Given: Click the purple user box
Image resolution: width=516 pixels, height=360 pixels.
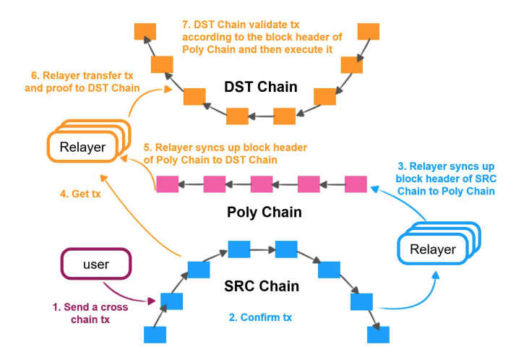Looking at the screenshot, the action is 96,264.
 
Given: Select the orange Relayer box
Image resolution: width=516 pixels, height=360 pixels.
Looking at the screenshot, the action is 89,142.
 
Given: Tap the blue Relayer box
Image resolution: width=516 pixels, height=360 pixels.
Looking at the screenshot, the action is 439,244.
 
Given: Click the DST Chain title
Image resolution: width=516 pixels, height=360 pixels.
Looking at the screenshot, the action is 261,87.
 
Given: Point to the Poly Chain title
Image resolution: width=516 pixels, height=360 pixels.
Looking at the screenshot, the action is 265,213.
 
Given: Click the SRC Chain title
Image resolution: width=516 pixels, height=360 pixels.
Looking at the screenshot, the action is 262,286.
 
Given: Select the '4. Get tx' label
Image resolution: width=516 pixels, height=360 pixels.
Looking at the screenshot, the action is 80,194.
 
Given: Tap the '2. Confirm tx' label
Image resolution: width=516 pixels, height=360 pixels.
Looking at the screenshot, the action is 260,317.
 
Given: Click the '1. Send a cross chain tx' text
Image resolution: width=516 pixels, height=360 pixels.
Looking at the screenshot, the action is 90,313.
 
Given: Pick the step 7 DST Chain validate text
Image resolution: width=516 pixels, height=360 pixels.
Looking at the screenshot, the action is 262,37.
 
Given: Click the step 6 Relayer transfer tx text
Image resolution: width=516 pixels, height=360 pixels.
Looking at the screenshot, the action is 82,82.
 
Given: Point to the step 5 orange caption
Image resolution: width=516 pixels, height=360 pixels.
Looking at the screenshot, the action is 225,153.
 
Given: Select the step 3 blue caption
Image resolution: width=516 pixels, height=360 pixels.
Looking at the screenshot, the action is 446,179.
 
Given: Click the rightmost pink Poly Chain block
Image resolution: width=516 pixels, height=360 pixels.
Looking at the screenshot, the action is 356,184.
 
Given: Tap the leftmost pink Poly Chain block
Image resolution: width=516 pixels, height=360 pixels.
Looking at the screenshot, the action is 167,184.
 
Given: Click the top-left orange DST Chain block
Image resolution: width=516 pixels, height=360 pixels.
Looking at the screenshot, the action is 145,32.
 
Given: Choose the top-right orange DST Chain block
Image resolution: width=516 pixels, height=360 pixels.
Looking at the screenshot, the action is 369,32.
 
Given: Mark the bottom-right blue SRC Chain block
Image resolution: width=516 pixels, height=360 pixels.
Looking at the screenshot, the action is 379,335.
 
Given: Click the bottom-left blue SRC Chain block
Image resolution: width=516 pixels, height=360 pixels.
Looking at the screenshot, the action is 155,335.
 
